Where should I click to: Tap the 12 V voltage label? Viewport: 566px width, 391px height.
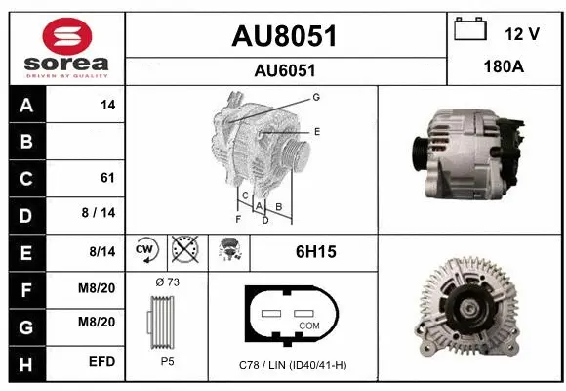pos(522,34)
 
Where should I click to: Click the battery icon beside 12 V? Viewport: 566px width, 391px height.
pos(471,29)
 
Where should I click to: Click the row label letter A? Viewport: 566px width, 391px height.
pos(25,105)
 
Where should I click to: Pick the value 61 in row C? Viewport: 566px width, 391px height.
pos(107,178)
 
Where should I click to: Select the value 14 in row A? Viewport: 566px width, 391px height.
pos(107,105)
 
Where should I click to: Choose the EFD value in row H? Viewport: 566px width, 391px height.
pos(102,362)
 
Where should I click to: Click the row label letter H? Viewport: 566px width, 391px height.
pos(25,362)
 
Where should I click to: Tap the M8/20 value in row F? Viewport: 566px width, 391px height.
pos(99,288)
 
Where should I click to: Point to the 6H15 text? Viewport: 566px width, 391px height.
pos(315,252)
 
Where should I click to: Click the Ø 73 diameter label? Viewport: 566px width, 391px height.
pos(167,282)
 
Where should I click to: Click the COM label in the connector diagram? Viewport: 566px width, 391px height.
pos(308,326)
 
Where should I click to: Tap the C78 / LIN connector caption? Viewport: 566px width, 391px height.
pos(293,364)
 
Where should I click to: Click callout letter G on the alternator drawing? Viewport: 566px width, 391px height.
pos(316,97)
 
